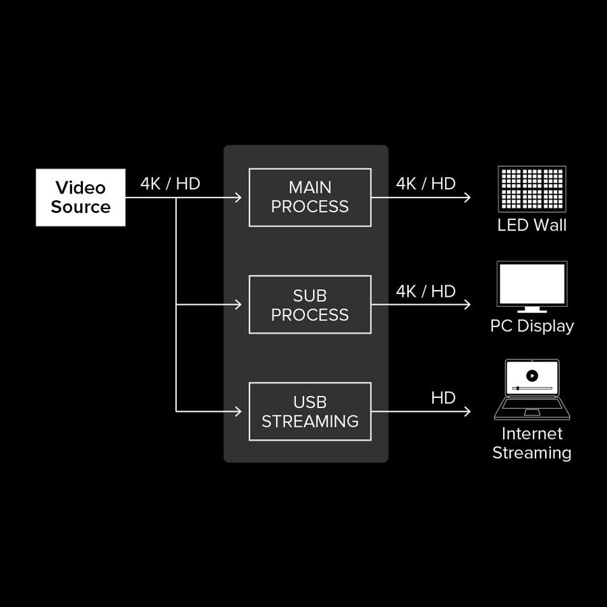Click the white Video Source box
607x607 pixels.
pyautogui.click(x=80, y=197)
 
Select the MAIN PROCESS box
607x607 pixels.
pyautogui.click(x=310, y=197)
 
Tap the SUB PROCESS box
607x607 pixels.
pyautogui.click(x=310, y=305)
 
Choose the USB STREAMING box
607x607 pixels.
pyautogui.click(x=310, y=411)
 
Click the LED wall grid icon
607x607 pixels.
pyautogui.click(x=532, y=189)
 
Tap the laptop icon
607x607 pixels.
pyautogui.click(x=532, y=390)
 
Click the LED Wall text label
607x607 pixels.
pyautogui.click(x=532, y=225)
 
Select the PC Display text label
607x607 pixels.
pyautogui.click(x=532, y=326)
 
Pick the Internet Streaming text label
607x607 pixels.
pyautogui.click(x=532, y=443)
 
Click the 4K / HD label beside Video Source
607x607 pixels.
pyautogui.click(x=170, y=183)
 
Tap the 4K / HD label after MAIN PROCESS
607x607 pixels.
pyautogui.click(x=426, y=183)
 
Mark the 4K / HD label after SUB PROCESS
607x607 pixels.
pyautogui.click(x=426, y=291)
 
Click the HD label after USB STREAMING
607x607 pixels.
pyautogui.click(x=443, y=398)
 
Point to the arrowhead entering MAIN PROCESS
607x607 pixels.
pyautogui.click(x=238, y=198)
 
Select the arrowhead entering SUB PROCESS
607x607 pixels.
pyautogui.click(x=238, y=305)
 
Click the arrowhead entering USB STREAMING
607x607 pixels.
pyautogui.click(x=238, y=411)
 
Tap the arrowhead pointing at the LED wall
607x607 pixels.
pyautogui.click(x=467, y=198)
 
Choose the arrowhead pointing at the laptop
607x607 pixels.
pyautogui.click(x=467, y=411)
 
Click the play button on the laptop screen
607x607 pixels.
pyautogui.click(x=532, y=375)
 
